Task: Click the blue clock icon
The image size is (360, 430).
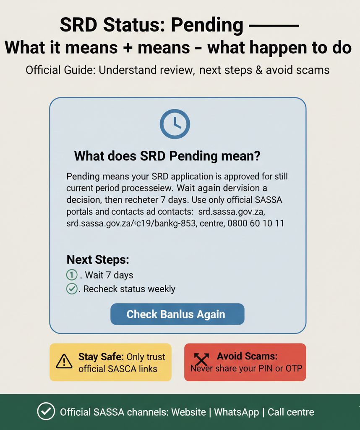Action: (x=175, y=124)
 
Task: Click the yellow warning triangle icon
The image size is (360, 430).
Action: (x=64, y=361)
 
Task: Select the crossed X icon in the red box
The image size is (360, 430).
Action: (x=201, y=359)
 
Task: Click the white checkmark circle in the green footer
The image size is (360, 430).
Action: (x=46, y=412)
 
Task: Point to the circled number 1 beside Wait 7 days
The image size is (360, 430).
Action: (x=72, y=275)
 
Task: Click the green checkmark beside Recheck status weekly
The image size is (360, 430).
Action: (x=72, y=289)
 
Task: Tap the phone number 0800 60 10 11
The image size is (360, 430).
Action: (x=256, y=223)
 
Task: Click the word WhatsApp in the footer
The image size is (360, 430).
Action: (x=236, y=412)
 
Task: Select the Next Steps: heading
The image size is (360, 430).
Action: (x=98, y=260)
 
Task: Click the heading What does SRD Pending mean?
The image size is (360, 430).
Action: (x=167, y=156)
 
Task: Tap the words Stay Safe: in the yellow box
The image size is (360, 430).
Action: (x=101, y=357)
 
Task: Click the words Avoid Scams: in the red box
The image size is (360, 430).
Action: (x=247, y=357)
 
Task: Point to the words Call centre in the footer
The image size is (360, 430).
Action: (x=291, y=412)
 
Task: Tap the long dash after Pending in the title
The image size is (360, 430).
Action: (x=274, y=26)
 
